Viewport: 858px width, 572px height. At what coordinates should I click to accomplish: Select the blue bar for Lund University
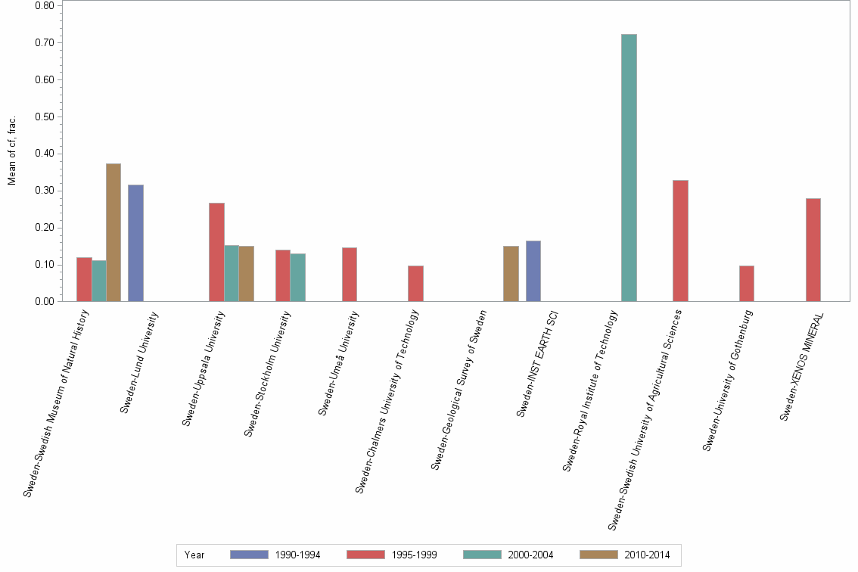(x=135, y=243)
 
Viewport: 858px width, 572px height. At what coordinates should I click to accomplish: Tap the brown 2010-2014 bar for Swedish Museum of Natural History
(x=113, y=232)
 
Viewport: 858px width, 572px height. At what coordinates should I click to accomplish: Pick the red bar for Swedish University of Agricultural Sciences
(x=680, y=241)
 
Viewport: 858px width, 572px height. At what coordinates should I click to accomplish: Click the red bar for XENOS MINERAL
(x=813, y=250)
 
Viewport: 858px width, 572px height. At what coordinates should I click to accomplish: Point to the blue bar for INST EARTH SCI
(x=533, y=271)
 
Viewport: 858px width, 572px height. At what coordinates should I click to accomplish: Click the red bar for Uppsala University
(x=216, y=252)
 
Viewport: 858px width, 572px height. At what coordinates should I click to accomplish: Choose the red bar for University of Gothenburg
(x=747, y=283)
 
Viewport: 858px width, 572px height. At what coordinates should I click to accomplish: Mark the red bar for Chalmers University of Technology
(x=415, y=283)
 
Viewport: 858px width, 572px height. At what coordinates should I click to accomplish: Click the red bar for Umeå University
(x=350, y=274)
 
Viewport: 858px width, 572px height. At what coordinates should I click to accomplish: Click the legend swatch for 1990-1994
(x=249, y=555)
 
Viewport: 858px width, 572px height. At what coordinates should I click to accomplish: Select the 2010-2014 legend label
(x=647, y=555)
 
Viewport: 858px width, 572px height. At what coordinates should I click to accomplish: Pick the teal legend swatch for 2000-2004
(x=482, y=555)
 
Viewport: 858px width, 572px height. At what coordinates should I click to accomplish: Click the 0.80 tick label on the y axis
(x=44, y=5)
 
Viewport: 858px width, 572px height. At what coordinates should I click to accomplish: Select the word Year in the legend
(x=194, y=555)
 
